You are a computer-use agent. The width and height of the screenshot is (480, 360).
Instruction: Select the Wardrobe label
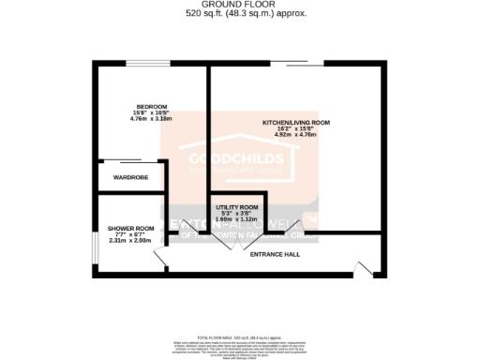click(131, 176)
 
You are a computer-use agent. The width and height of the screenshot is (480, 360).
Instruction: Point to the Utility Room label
click(236, 206)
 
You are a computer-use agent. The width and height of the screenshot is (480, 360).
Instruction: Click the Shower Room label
click(130, 229)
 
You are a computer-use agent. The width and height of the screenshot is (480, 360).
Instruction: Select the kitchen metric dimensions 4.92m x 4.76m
click(295, 135)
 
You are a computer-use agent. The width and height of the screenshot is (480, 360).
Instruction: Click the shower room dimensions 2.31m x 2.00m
click(130, 241)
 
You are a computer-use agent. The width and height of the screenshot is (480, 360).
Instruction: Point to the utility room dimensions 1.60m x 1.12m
click(236, 218)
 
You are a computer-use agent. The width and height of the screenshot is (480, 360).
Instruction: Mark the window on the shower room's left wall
click(95, 243)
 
